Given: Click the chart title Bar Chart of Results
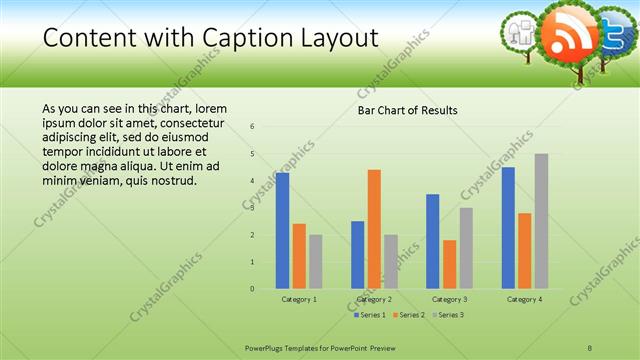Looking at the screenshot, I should (407, 110).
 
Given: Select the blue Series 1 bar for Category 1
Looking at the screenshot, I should (283, 231).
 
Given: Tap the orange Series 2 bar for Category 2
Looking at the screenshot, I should (374, 229).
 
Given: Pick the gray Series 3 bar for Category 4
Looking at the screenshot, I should (541, 221).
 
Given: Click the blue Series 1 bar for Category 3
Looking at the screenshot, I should (433, 241).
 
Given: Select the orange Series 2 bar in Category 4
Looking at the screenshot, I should (525, 251).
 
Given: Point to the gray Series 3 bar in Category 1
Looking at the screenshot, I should (316, 262).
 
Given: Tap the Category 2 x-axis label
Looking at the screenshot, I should (373, 299).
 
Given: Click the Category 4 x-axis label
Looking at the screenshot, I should (524, 299).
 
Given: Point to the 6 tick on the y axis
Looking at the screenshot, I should (253, 127).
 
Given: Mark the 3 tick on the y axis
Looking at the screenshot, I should (253, 208).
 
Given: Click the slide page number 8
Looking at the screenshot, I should (590, 347).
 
